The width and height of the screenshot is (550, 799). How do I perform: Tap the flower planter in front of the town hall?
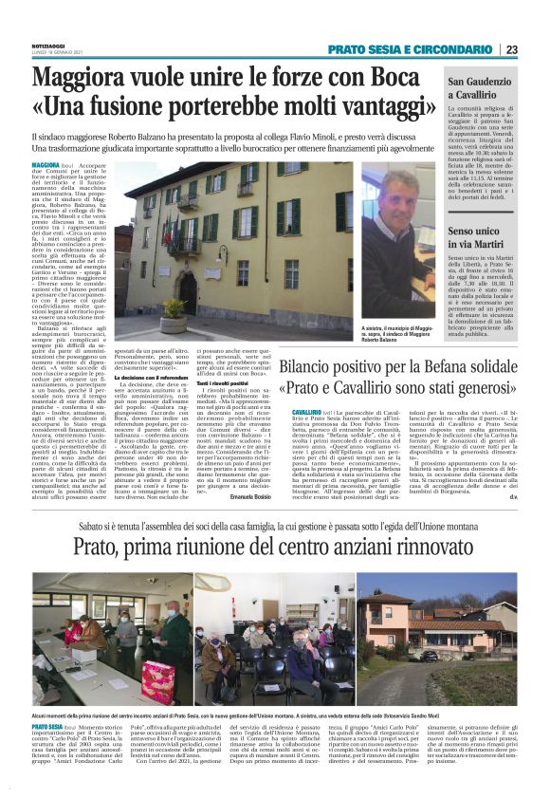pos(174,309)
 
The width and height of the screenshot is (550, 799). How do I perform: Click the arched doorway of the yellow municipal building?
pos(188,288)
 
